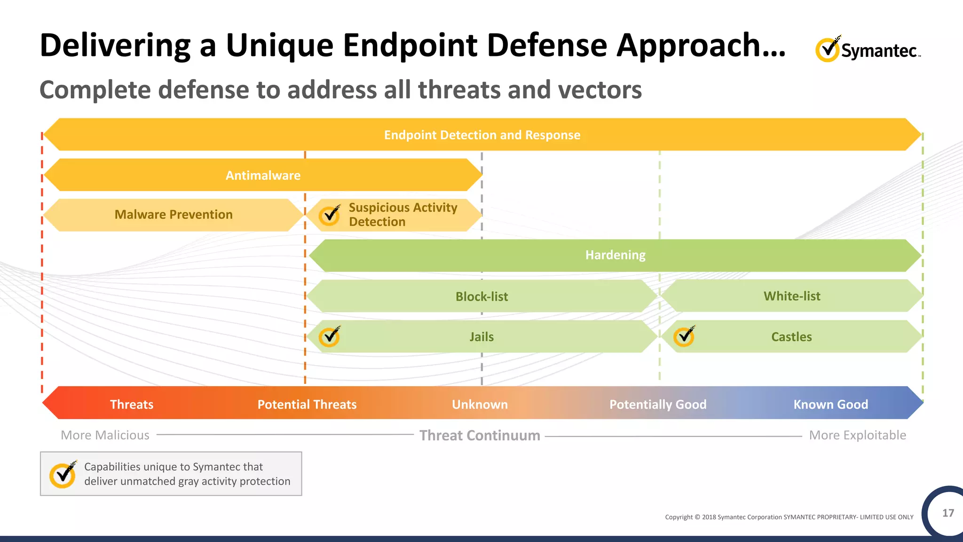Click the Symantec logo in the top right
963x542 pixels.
point(868,49)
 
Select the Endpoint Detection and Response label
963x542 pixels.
point(482,135)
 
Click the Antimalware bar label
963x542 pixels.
point(263,175)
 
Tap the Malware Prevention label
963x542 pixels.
point(174,215)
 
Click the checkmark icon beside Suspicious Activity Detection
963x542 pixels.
point(330,215)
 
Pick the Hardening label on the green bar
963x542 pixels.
point(615,255)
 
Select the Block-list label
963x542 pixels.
point(481,296)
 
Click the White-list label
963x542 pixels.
point(792,296)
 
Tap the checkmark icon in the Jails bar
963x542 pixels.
point(330,336)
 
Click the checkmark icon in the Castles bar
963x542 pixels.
point(684,336)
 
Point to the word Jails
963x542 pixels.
point(481,337)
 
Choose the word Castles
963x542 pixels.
point(791,337)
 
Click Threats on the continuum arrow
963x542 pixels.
point(132,405)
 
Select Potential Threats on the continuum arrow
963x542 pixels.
point(307,405)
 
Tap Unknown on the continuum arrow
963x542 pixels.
point(480,405)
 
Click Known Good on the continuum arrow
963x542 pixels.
point(830,405)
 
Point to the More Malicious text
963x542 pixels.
point(105,435)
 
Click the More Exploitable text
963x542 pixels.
point(857,435)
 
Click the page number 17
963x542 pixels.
point(948,513)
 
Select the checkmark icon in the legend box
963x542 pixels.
point(63,474)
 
